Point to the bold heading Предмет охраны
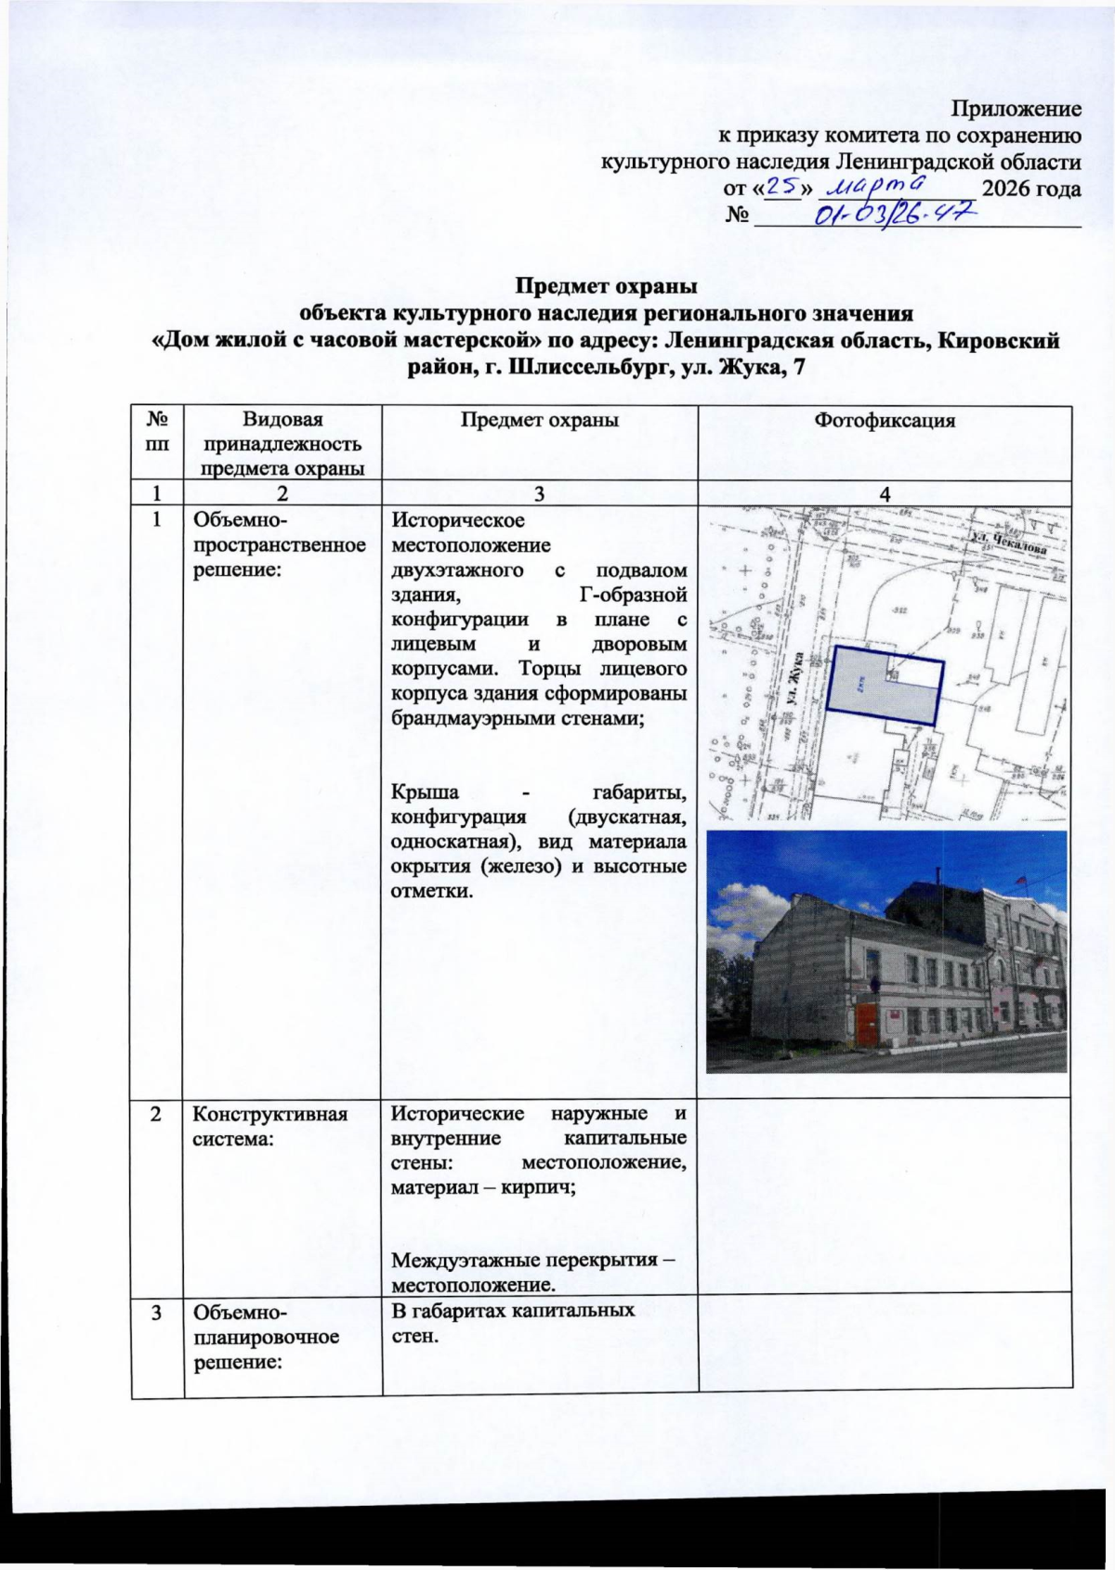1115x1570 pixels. pos(606,286)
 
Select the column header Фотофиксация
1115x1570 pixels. pos(885,420)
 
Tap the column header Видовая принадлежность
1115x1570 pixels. pos(282,432)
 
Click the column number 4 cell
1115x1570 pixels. pos(885,493)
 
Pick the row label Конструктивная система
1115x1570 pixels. pos(256,1126)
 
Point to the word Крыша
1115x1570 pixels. pos(425,792)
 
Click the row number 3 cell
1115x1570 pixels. pos(157,1312)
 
